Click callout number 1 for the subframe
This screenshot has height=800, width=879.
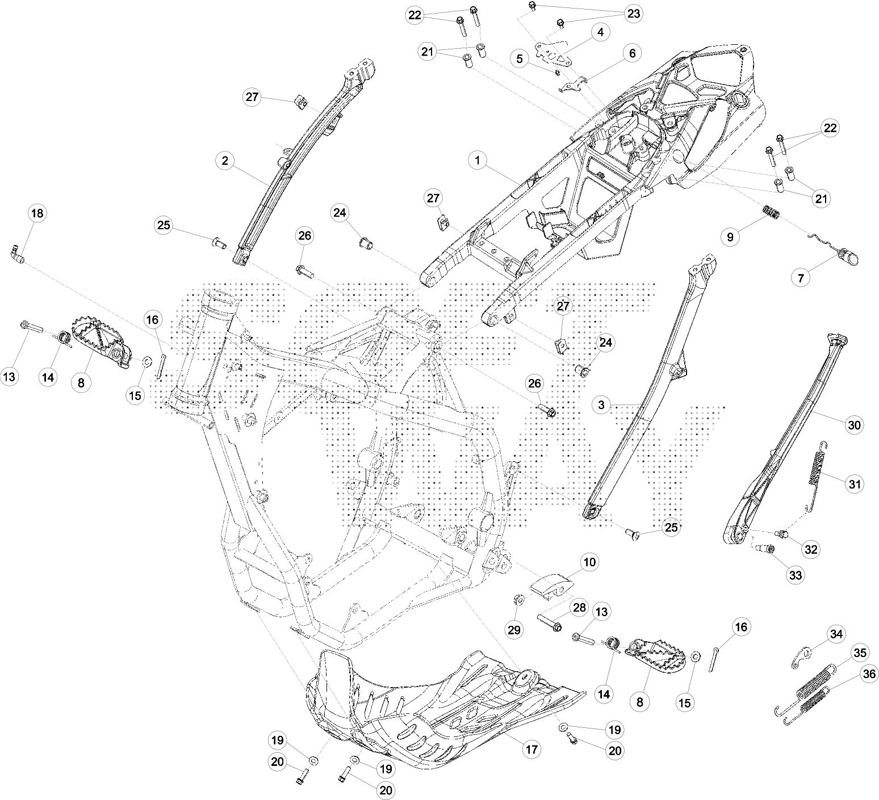click(x=478, y=161)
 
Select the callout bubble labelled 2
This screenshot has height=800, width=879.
click(x=225, y=161)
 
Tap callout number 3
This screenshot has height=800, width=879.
click(x=601, y=405)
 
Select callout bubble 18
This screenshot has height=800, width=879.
click(x=37, y=213)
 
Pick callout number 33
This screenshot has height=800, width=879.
click(x=795, y=575)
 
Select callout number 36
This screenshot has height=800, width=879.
click(x=868, y=673)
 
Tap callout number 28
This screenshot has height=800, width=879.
click(x=579, y=608)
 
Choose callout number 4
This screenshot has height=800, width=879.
click(x=600, y=32)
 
